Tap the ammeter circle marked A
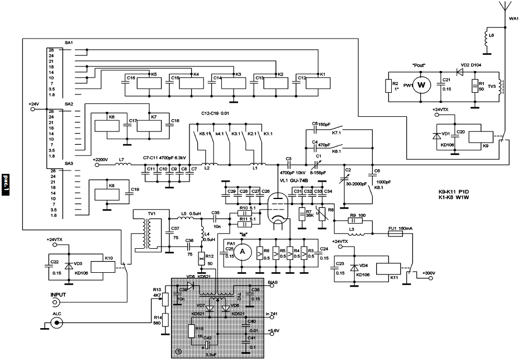coord(243,252)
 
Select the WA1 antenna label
coord(514,18)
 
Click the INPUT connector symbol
coord(55,302)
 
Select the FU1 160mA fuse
coord(395,236)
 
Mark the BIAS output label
coord(272,283)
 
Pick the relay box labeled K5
coord(146,82)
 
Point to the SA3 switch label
coord(69,163)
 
